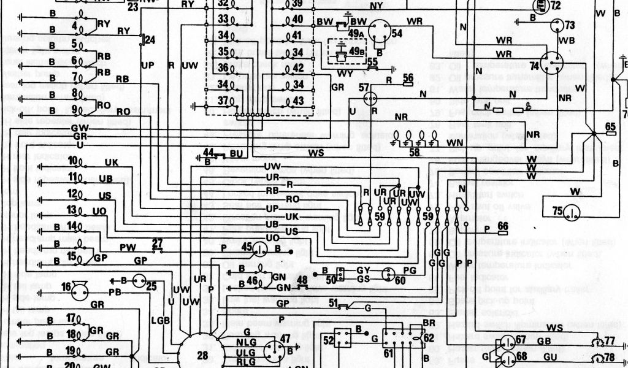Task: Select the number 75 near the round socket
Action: (557, 210)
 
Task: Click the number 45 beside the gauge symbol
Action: (247, 247)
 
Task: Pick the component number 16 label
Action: (66, 286)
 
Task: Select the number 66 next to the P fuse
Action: (503, 226)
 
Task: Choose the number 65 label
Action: (610, 126)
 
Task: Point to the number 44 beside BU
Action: (209, 152)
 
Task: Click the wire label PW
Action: (127, 248)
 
